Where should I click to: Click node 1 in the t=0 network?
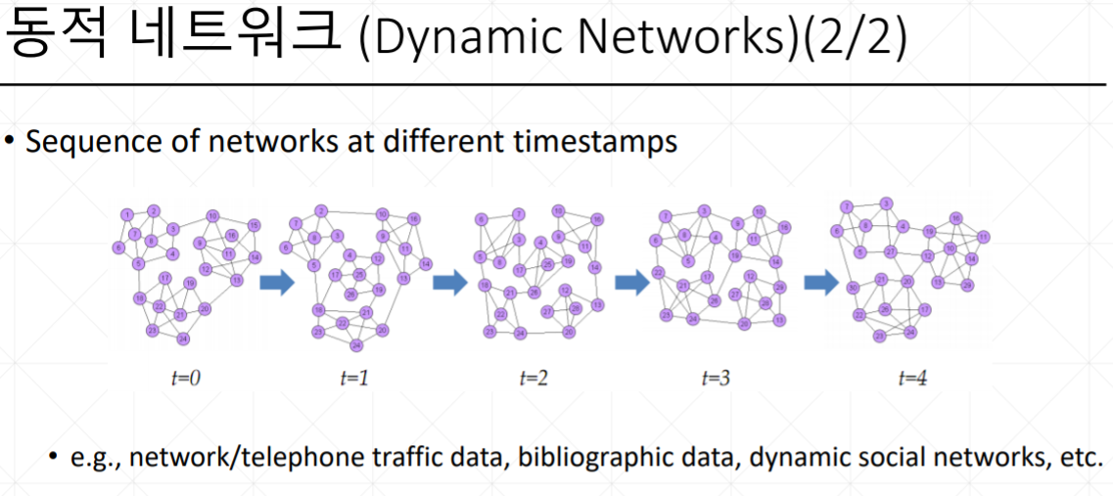[x=126, y=214]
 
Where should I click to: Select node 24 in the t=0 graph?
[x=183, y=338]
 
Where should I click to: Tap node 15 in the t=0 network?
[x=254, y=226]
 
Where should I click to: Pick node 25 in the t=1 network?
[x=359, y=274]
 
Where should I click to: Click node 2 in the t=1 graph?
[x=320, y=210]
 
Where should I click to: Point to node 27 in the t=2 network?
[x=547, y=311]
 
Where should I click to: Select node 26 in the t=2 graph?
[x=533, y=293]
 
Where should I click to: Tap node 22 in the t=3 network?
[x=659, y=272]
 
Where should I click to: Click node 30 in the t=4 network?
[x=853, y=287]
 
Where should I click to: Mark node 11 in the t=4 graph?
[x=982, y=236]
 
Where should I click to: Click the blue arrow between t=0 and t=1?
[x=277, y=283]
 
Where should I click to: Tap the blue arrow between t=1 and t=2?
[x=449, y=283]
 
